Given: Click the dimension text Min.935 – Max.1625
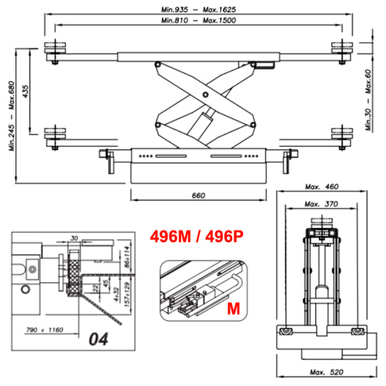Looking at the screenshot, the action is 198,10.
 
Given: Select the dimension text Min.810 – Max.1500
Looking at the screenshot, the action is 198,20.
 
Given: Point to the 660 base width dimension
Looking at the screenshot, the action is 198,196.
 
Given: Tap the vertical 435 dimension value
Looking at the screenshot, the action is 25,91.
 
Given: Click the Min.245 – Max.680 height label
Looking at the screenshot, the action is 12,116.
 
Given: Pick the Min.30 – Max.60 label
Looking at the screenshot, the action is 369,100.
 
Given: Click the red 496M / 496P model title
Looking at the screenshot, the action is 197,237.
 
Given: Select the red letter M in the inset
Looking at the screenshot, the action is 233,309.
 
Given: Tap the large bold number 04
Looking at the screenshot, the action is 98,339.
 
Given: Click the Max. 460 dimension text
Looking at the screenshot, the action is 322,187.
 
